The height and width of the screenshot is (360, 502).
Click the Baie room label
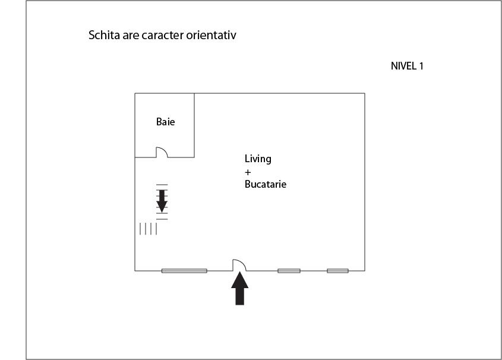tap(166, 122)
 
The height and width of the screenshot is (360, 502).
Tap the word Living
tap(258, 159)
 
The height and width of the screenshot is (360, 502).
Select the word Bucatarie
tap(266, 184)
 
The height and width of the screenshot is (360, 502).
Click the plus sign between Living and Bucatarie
tap(248, 172)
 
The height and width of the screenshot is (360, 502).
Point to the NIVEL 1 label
tap(407, 66)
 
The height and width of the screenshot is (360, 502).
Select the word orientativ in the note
tap(211, 35)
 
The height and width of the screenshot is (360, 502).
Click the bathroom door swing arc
tap(164, 150)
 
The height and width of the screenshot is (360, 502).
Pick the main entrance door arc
tap(242, 263)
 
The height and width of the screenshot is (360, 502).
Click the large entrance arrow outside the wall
tap(240, 288)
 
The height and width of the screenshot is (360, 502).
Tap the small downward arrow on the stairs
tap(162, 201)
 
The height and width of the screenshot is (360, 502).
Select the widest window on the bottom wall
tap(184, 271)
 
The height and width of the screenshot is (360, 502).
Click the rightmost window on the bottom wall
tap(338, 271)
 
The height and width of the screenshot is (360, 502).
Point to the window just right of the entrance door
tap(289, 271)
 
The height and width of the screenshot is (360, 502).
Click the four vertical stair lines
tap(149, 229)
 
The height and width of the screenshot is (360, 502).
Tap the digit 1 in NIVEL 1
tap(421, 66)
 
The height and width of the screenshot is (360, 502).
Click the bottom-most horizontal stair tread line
tap(162, 219)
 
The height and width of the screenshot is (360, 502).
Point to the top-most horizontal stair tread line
tap(162, 185)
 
